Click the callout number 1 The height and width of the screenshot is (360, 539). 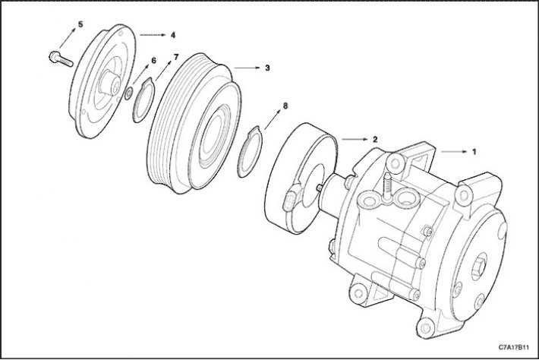(x=474, y=152)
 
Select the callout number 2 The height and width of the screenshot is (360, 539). (x=375, y=139)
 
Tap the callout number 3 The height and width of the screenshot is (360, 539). (x=267, y=68)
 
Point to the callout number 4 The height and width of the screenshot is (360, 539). (x=173, y=35)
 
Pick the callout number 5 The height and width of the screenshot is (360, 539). (x=80, y=24)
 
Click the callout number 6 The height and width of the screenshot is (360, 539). (x=153, y=61)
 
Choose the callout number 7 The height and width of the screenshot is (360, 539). (x=176, y=57)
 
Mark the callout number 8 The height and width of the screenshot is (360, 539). (x=285, y=106)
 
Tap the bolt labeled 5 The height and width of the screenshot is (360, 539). (x=61, y=58)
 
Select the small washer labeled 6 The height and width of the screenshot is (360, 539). (x=128, y=93)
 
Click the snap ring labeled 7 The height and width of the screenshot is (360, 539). (x=143, y=100)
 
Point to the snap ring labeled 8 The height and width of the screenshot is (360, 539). (x=250, y=152)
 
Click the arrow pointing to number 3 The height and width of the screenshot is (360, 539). (x=247, y=68)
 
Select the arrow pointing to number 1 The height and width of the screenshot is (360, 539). (x=454, y=152)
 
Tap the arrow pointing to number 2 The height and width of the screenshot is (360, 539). (x=355, y=139)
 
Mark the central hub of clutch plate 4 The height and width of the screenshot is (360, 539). (x=109, y=83)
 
